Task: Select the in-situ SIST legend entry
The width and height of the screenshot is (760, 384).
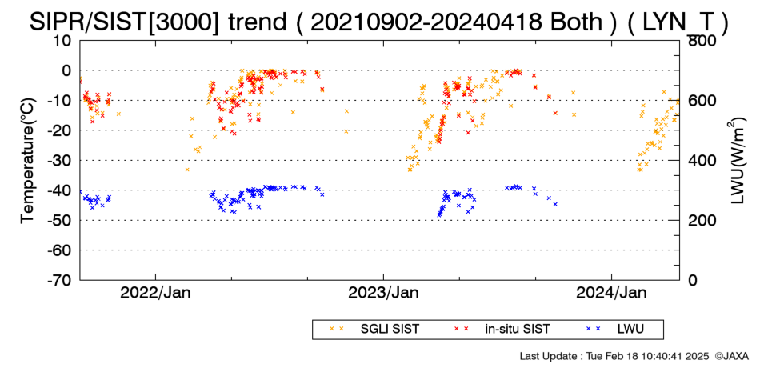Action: pyautogui.click(x=501, y=330)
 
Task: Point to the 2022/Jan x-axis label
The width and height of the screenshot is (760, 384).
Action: pyautogui.click(x=155, y=293)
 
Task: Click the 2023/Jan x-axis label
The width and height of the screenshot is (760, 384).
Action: pyautogui.click(x=383, y=293)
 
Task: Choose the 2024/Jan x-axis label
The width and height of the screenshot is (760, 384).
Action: pyautogui.click(x=611, y=293)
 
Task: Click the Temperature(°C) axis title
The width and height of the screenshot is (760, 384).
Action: pyautogui.click(x=29, y=161)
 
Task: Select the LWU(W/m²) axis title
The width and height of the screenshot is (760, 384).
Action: pyautogui.click(x=737, y=161)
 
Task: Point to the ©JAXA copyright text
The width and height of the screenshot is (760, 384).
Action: pyautogui.click(x=731, y=356)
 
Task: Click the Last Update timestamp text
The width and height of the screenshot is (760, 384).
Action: pyautogui.click(x=614, y=356)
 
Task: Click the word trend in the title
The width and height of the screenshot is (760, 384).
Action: pyautogui.click(x=257, y=22)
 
